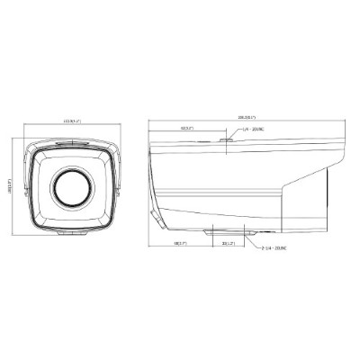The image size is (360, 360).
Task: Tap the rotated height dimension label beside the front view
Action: coord(14,183)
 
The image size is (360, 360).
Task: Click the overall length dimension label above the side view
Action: coord(247,118)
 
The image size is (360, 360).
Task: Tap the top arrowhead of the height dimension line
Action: coord(19,137)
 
